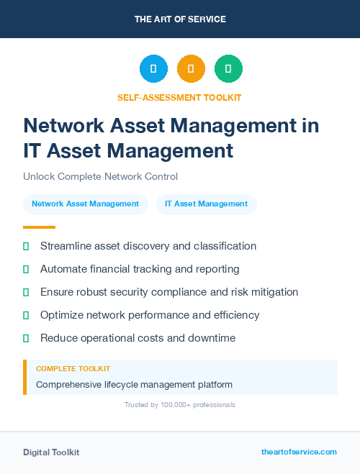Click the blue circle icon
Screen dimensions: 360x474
pos(153,69)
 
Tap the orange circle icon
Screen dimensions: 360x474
pos(191,69)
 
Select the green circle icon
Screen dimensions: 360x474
pos(228,69)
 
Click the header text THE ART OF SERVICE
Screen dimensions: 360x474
pos(180,19)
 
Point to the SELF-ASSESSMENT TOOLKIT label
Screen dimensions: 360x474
pos(180,97)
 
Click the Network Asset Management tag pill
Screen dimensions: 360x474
pos(85,204)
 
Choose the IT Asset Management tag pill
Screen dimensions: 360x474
pos(206,204)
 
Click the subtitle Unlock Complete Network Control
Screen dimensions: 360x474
pos(100,176)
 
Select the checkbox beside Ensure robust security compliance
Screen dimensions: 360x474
pos(27,292)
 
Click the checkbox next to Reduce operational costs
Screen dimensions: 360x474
pos(27,338)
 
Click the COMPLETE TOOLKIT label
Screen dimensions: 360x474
pos(73,369)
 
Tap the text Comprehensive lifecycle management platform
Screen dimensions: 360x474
pos(134,384)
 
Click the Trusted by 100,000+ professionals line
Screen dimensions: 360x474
pos(180,405)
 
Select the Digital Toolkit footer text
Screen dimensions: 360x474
pos(51,452)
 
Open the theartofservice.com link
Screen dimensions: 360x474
pos(299,452)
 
